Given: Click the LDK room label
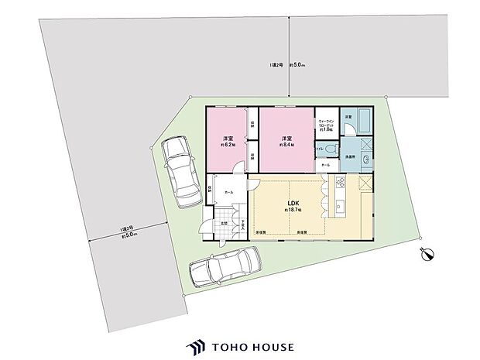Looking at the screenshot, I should (x=294, y=204).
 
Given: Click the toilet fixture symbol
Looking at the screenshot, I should (x=331, y=149).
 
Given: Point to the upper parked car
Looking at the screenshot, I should (x=180, y=171).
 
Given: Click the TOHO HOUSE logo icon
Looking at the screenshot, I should (x=194, y=347).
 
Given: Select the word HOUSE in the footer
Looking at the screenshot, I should (x=270, y=347).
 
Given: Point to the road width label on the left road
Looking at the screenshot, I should (x=128, y=232).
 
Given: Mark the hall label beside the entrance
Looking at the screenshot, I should (x=229, y=191).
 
